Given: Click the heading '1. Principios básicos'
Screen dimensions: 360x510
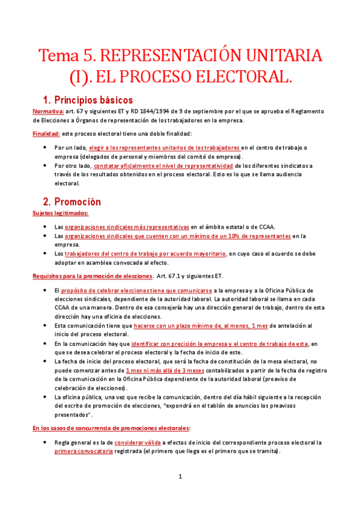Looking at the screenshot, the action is pyautogui.click(x=88, y=100).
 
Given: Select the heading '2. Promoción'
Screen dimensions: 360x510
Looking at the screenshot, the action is pyautogui.click(x=72, y=201).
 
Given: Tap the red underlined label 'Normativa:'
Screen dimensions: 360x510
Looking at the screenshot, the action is pyautogui.click(x=48, y=111).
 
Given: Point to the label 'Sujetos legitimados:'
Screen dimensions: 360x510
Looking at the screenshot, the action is pyautogui.click(x=60, y=213).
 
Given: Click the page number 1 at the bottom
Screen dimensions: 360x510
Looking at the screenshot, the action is pyautogui.click(x=180, y=476).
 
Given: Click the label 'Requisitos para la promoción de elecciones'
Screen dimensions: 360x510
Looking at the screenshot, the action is pyautogui.click(x=92, y=275).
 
